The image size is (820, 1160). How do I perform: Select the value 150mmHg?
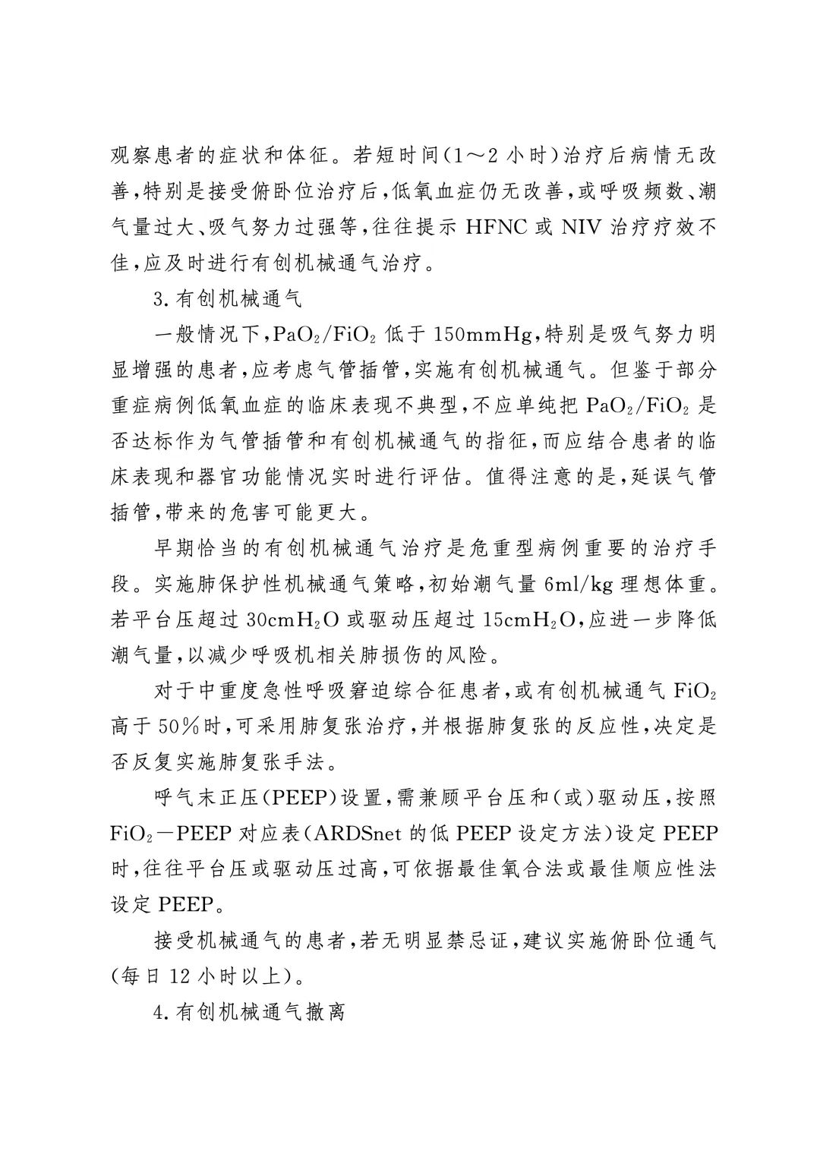[x=485, y=334]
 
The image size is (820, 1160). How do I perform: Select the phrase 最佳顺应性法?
[x=652, y=868]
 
